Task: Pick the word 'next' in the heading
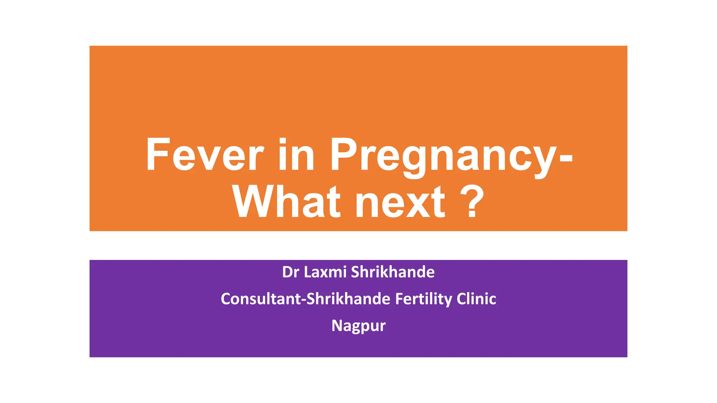(400, 203)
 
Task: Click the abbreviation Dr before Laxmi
(290, 272)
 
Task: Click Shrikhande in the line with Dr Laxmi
(392, 272)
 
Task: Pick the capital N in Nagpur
(337, 326)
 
